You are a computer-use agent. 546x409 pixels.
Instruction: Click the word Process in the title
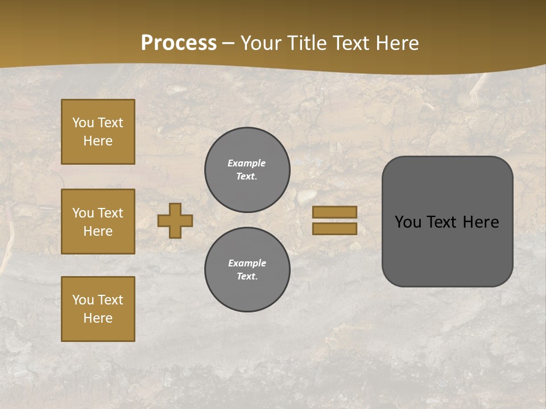click(x=179, y=43)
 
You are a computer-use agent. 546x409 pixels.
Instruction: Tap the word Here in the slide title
click(x=398, y=43)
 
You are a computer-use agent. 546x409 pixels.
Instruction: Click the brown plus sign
click(x=175, y=220)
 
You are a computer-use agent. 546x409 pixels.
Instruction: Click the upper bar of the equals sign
click(x=334, y=212)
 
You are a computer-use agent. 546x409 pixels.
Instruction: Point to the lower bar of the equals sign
click(x=334, y=228)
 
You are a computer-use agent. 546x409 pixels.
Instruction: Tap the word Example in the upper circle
click(x=246, y=163)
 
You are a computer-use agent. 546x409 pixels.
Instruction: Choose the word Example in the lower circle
click(x=247, y=263)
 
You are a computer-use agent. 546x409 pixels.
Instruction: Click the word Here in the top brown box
click(x=98, y=141)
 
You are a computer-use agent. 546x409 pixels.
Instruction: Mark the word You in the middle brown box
click(x=82, y=213)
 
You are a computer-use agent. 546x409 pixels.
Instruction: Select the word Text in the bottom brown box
click(x=110, y=300)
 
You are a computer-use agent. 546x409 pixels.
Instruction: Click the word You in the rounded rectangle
click(x=408, y=222)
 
